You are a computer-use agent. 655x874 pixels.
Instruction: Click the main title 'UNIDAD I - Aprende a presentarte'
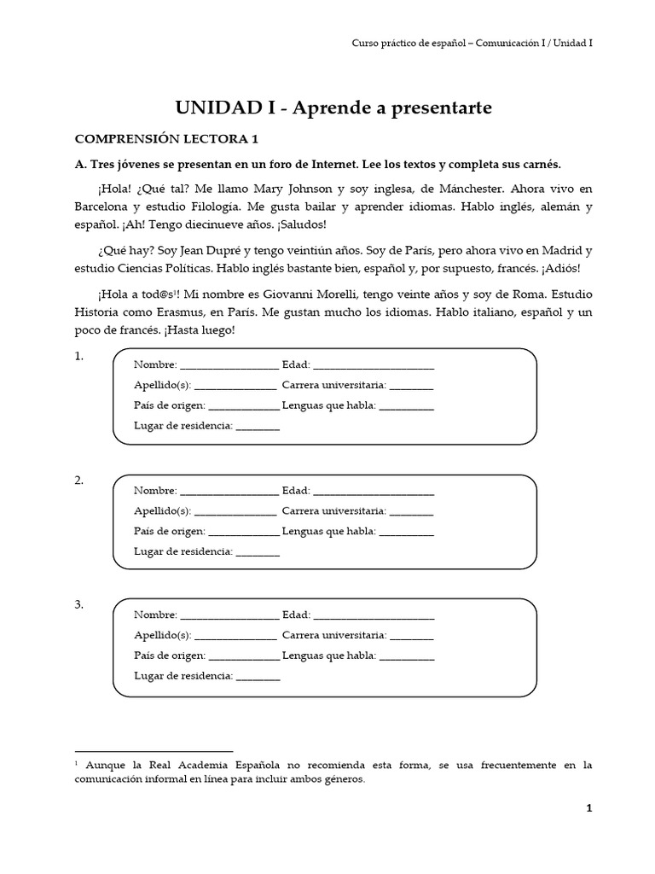click(x=333, y=107)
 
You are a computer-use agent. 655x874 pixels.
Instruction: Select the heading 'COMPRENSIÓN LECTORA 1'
click(x=166, y=139)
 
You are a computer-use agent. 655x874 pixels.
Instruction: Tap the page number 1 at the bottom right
click(x=588, y=808)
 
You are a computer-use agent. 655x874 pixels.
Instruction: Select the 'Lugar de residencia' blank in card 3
click(x=258, y=676)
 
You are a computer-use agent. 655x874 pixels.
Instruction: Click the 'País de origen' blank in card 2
click(x=243, y=531)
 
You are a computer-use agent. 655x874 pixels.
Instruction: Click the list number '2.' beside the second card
click(x=78, y=481)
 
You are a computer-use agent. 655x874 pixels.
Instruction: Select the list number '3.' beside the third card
click(x=78, y=605)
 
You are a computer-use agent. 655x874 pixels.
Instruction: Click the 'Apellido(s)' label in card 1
click(x=162, y=386)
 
